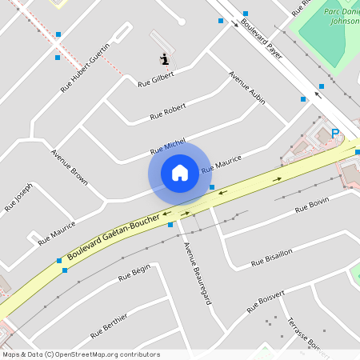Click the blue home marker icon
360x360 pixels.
click(x=179, y=173)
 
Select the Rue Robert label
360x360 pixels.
click(x=168, y=111)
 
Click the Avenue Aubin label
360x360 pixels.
click(x=246, y=88)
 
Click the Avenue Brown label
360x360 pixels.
click(x=70, y=167)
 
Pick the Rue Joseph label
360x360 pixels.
click(x=18, y=195)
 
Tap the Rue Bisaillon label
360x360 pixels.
click(x=272, y=257)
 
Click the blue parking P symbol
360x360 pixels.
click(x=335, y=134)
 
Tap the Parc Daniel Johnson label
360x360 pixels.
click(x=343, y=17)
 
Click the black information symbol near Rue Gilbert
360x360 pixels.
click(x=165, y=58)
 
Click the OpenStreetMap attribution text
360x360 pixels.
click(x=81, y=354)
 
